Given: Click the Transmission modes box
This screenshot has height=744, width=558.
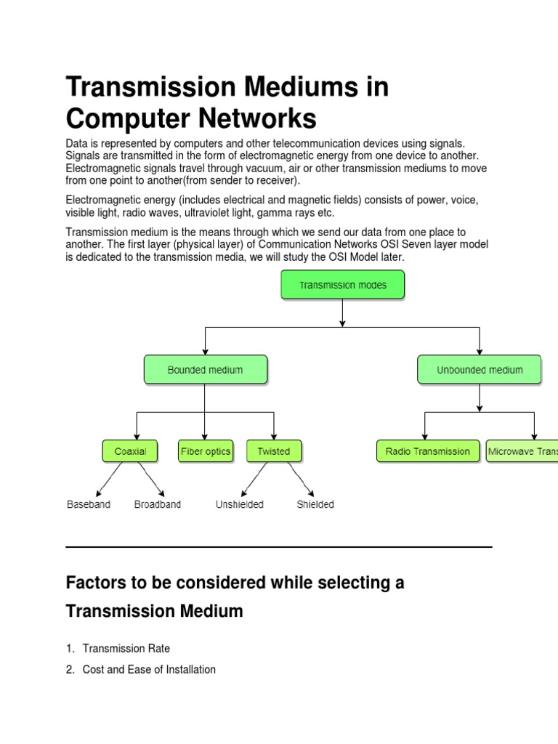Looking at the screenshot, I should click(x=342, y=286).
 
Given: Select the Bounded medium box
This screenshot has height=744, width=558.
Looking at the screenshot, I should click(x=206, y=370).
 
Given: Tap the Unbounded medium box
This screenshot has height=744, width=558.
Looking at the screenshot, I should click(x=479, y=370).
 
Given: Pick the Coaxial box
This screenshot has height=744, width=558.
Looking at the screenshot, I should click(x=130, y=451).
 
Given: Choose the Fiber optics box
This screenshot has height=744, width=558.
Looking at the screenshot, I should click(x=205, y=451).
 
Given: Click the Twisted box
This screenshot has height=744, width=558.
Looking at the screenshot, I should click(x=273, y=451).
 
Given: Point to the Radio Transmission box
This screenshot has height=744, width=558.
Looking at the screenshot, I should click(x=428, y=451).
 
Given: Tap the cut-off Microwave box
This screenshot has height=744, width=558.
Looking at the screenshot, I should click(x=522, y=451).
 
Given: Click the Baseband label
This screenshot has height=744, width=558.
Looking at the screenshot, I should click(x=89, y=504).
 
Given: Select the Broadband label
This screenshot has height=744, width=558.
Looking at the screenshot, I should click(x=158, y=504).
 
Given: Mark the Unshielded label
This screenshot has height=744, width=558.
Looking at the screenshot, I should click(x=240, y=504).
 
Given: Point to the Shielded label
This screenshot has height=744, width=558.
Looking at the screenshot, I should click(x=315, y=504).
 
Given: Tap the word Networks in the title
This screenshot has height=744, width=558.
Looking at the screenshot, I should click(x=253, y=119).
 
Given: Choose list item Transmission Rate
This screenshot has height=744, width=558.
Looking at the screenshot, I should click(x=126, y=648).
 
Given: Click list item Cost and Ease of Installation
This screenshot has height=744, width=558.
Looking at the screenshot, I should click(x=149, y=669).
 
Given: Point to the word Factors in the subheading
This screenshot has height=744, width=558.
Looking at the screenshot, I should click(x=94, y=583).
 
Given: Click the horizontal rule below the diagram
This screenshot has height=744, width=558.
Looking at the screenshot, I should click(x=279, y=546).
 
